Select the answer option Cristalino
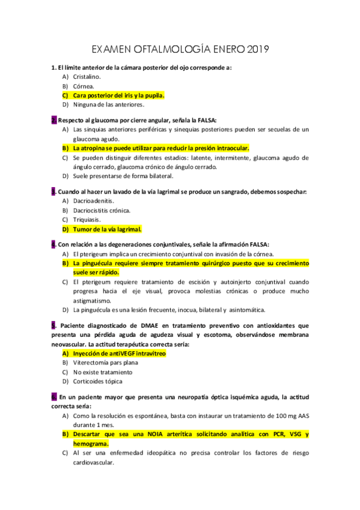[x=87, y=77]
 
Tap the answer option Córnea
[x=84, y=86]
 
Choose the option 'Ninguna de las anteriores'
[x=108, y=104]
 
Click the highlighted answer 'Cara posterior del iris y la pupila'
[x=118, y=95]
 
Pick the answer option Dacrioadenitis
[x=93, y=201]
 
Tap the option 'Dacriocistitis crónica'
[x=102, y=210]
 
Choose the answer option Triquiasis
[x=87, y=220]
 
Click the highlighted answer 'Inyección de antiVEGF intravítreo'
[x=119, y=354]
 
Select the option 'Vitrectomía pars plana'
[x=105, y=363]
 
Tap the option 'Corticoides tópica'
[x=97, y=381]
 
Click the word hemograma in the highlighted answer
[x=92, y=443]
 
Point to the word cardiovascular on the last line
[x=93, y=462]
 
